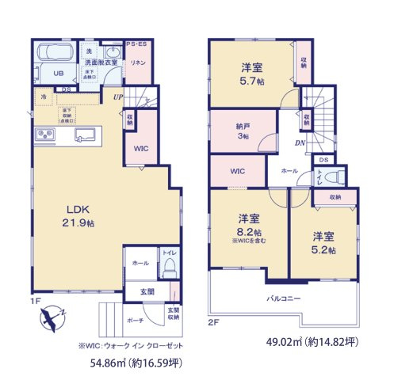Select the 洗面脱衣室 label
(101, 63)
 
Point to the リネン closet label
(137, 63)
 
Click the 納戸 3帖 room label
(241, 130)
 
